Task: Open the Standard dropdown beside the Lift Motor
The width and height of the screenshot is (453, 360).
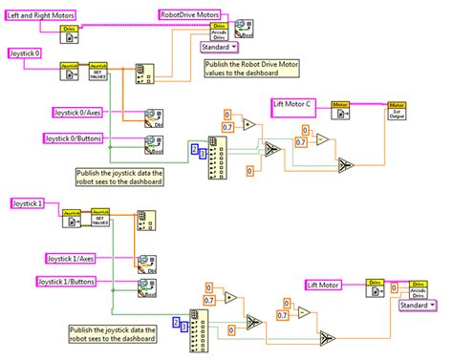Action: (x=415, y=306)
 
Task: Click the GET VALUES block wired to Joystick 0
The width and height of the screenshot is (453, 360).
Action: (x=99, y=71)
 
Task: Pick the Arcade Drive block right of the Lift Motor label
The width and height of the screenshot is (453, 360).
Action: (x=418, y=288)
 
